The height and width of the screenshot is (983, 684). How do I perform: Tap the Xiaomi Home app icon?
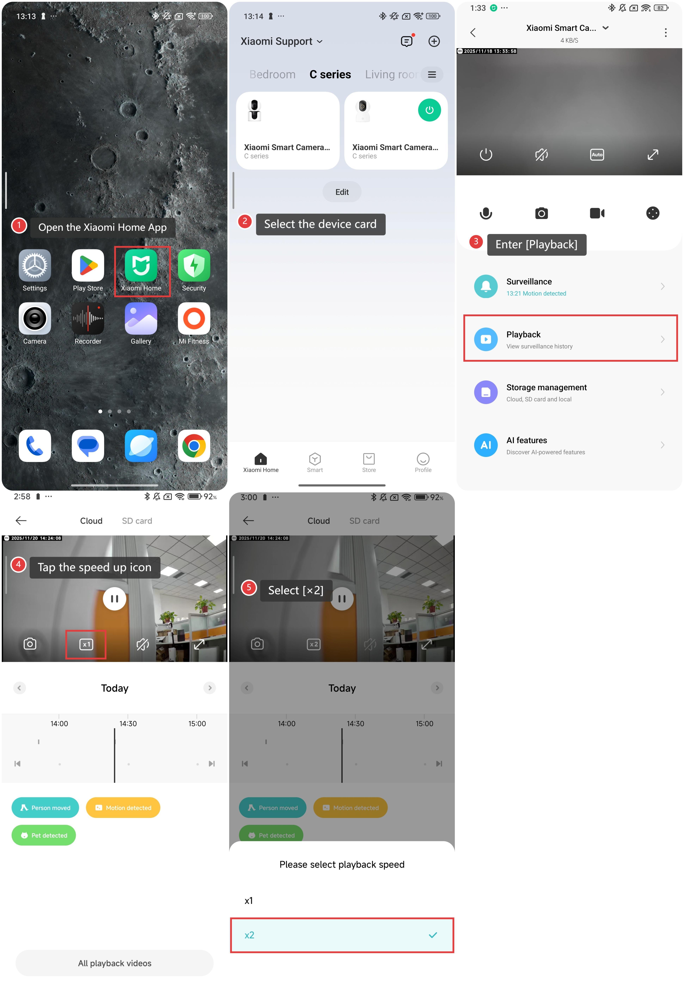point(141,265)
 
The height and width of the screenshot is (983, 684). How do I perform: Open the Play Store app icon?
point(88,265)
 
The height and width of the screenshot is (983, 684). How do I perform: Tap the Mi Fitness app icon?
point(194,318)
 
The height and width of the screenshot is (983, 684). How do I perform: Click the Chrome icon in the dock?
point(194,446)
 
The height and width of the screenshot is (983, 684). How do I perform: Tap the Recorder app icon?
point(88,318)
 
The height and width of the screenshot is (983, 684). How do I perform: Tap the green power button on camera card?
point(429,110)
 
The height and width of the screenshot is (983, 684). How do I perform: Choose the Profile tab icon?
point(423,459)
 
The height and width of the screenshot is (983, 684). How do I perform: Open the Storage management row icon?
point(486,392)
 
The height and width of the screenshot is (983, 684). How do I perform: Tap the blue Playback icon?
point(486,339)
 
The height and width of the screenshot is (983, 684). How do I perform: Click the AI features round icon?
point(486,445)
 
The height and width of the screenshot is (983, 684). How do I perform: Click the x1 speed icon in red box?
point(86,644)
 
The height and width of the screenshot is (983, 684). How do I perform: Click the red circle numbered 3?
point(476,241)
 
